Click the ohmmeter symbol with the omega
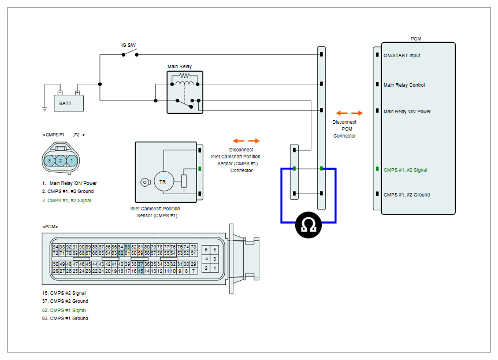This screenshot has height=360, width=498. [x=308, y=225]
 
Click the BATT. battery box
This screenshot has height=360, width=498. [x=69, y=103]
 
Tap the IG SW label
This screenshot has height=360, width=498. [x=128, y=45]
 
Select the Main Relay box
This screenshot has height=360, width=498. [x=185, y=92]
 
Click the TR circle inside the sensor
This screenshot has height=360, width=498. [x=164, y=182]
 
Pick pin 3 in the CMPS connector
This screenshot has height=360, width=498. [x=49, y=161]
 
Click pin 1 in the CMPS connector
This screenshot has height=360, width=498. [x=72, y=161]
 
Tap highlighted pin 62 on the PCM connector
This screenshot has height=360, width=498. [x=121, y=253]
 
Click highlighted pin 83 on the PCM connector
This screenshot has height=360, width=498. [x=127, y=247]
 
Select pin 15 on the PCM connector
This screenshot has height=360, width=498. [x=140, y=271]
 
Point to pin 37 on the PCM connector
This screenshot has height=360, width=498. [x=140, y=264]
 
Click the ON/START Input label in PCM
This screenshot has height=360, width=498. [x=402, y=55]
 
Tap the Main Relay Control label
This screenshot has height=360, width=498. [x=404, y=85]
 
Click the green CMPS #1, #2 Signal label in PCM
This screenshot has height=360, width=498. [x=405, y=170]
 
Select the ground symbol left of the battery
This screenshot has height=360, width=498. [x=45, y=109]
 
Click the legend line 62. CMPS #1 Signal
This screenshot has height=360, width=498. [x=64, y=310]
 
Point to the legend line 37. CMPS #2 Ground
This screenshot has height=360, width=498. [x=65, y=301]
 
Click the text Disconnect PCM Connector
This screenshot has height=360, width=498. [x=344, y=129]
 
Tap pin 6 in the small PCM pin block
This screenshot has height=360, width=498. [x=206, y=250]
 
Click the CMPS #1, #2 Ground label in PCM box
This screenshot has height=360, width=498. [x=407, y=195]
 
